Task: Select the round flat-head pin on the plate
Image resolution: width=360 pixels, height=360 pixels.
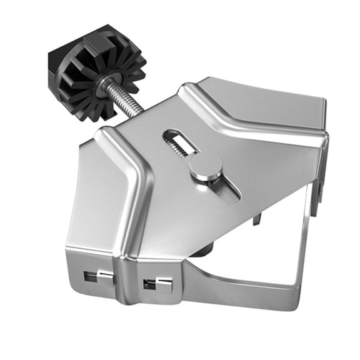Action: click(206, 168)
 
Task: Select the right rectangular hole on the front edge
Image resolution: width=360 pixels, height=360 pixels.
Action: click(157, 285)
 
